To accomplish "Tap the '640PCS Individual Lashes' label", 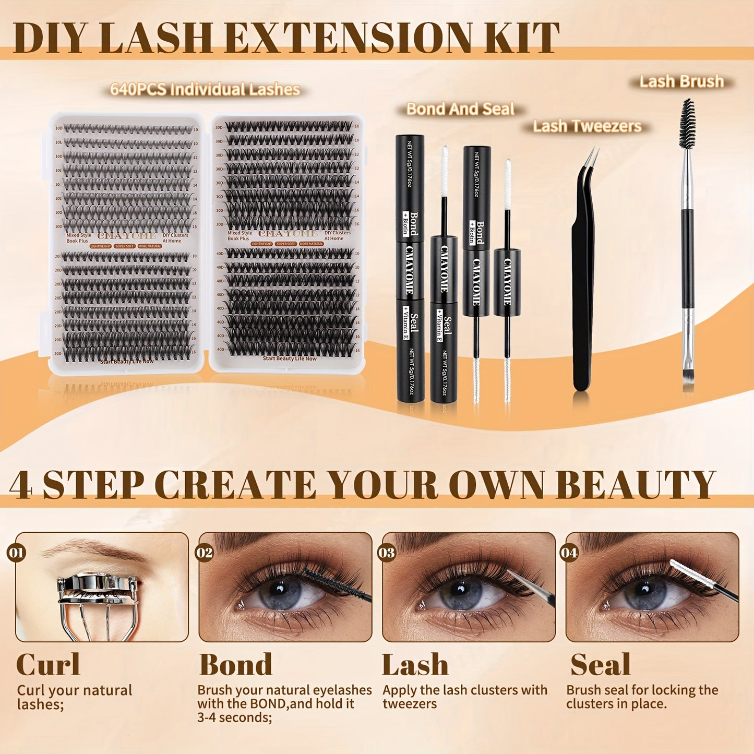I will point(205,89).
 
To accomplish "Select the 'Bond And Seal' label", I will point(460,109).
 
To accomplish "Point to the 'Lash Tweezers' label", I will point(587,126).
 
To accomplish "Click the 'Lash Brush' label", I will point(681,81).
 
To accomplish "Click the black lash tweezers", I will point(583,271).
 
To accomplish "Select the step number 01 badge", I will point(17,552).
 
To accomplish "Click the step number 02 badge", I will point(204,552).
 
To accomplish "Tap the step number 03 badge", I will point(387,552).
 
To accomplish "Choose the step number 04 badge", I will point(569,552).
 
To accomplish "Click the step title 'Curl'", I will point(48,665).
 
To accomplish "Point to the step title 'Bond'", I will point(236,665).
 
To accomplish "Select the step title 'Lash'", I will point(415,665).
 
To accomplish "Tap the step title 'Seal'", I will point(600,665).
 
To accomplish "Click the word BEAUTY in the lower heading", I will point(635,485).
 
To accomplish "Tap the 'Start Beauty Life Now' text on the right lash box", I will point(290,358).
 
